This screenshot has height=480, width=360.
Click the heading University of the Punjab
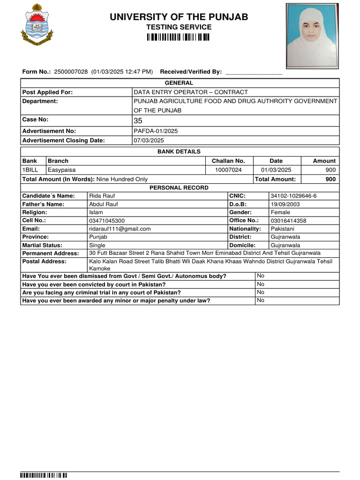tap(179, 17)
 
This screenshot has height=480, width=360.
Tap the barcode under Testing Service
tap(178, 37)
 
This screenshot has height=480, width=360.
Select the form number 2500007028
tap(71, 72)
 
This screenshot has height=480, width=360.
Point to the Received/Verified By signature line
tap(254, 73)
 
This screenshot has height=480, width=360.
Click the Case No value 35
tap(138, 121)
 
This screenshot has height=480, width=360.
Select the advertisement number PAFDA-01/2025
tap(156, 131)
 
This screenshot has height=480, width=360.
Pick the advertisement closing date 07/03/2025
tap(149, 141)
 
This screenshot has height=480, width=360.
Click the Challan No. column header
tap(228, 161)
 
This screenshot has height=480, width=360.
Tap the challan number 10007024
tap(228, 170)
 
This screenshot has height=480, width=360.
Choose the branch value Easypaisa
tap(61, 170)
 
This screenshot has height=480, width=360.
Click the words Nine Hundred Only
tap(122, 179)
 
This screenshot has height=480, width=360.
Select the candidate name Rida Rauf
tap(102, 195)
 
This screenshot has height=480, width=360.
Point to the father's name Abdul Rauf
tap(104, 204)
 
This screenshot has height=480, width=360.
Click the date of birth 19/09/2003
tap(285, 204)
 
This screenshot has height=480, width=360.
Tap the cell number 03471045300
tap(107, 221)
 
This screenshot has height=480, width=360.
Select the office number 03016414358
tap(288, 221)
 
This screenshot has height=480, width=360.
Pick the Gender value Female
tap(280, 212)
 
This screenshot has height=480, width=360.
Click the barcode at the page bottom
tap(44, 476)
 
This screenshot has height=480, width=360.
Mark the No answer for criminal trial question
tap(261, 292)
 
